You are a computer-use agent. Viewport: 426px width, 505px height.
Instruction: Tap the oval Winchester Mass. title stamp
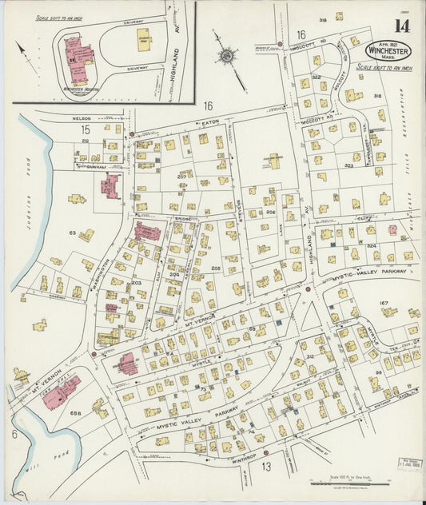388,50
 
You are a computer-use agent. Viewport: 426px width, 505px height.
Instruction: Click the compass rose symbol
227,57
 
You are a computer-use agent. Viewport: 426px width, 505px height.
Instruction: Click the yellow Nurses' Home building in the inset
143,39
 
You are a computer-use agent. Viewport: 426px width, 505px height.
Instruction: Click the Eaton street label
211,122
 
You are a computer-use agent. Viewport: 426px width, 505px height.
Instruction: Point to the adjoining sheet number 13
266,466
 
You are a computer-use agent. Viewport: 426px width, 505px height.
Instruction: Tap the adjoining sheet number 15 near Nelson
85,128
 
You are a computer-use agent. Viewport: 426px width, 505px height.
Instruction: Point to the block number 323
348,165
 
